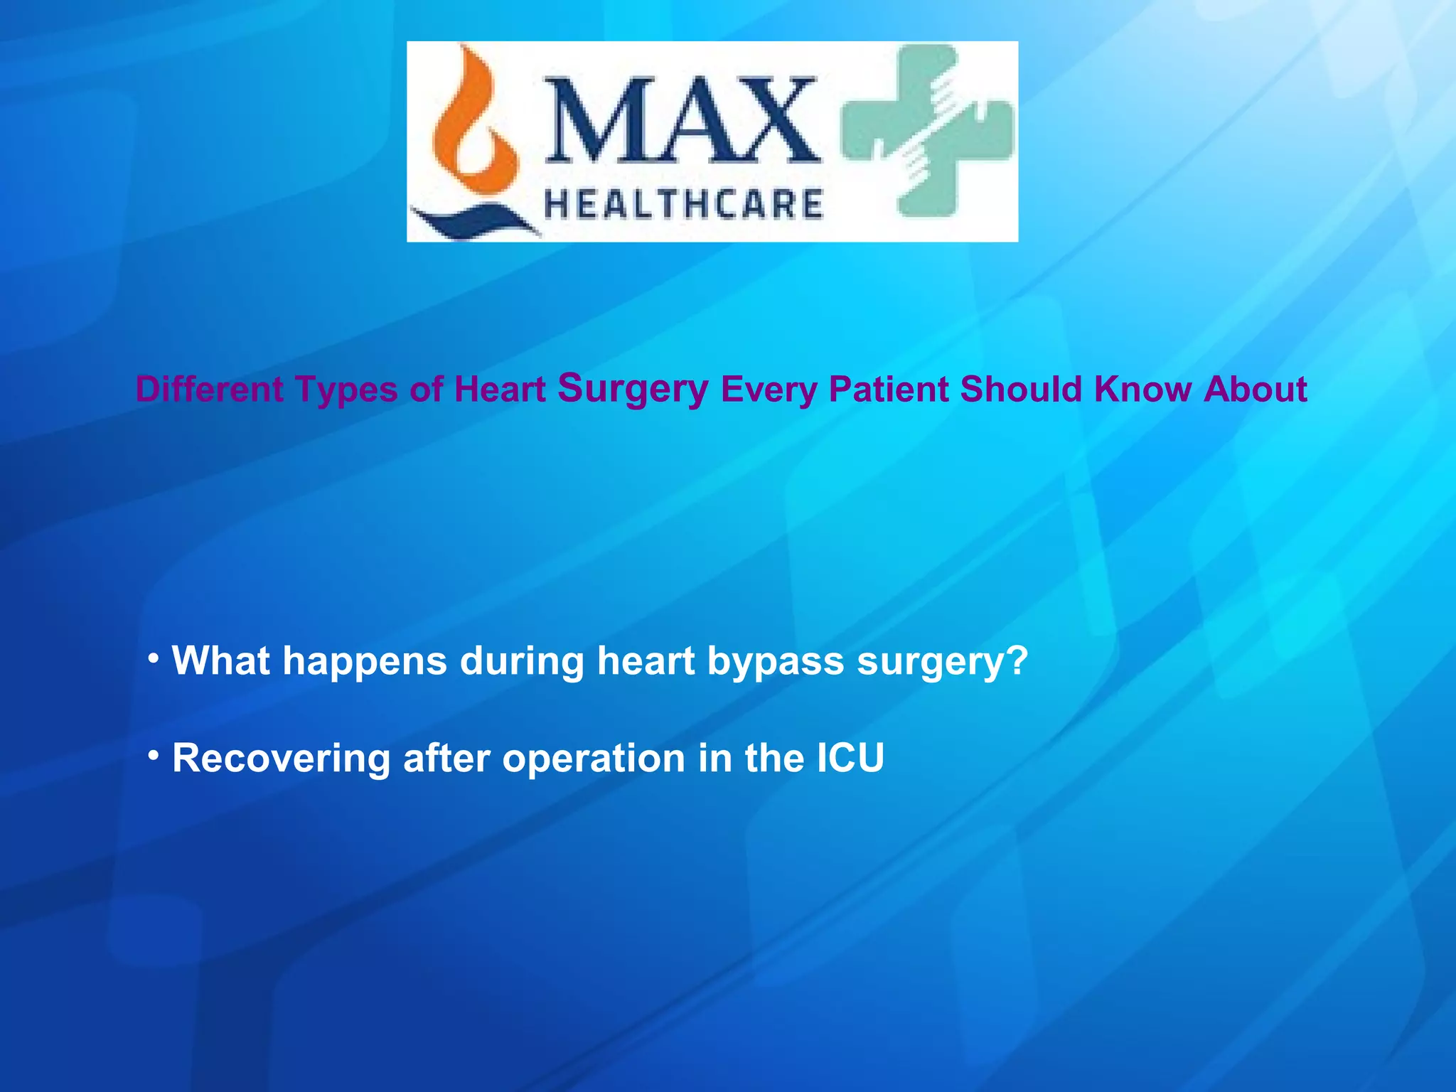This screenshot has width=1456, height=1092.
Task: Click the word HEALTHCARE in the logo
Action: tap(683, 204)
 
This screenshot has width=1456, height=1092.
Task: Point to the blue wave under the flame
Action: tap(473, 220)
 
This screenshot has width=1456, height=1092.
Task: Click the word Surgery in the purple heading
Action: tap(633, 389)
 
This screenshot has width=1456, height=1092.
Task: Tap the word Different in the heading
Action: tap(209, 390)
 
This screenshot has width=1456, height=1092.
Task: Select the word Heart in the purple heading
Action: tap(499, 390)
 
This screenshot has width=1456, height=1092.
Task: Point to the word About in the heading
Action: tap(1255, 390)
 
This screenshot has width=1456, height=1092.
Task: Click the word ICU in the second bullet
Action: tap(850, 758)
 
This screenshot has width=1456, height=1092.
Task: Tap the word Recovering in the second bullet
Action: tap(281, 759)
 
